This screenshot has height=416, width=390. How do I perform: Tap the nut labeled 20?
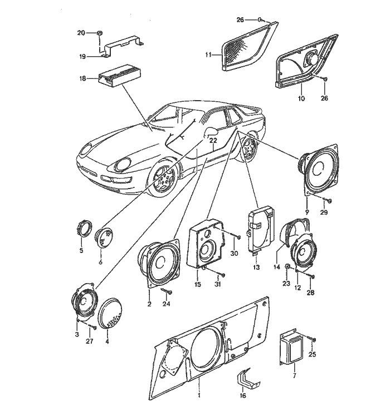coord(98,33)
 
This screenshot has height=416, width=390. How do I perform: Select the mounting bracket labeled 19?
coord(122,46)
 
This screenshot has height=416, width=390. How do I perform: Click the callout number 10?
coord(301,98)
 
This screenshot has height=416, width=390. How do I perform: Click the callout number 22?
coord(213,141)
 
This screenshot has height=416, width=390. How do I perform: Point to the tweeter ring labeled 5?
coord(85,229)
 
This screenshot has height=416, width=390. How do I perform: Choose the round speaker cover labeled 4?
coord(111,315)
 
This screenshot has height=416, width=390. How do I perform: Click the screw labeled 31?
coord(221,275)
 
